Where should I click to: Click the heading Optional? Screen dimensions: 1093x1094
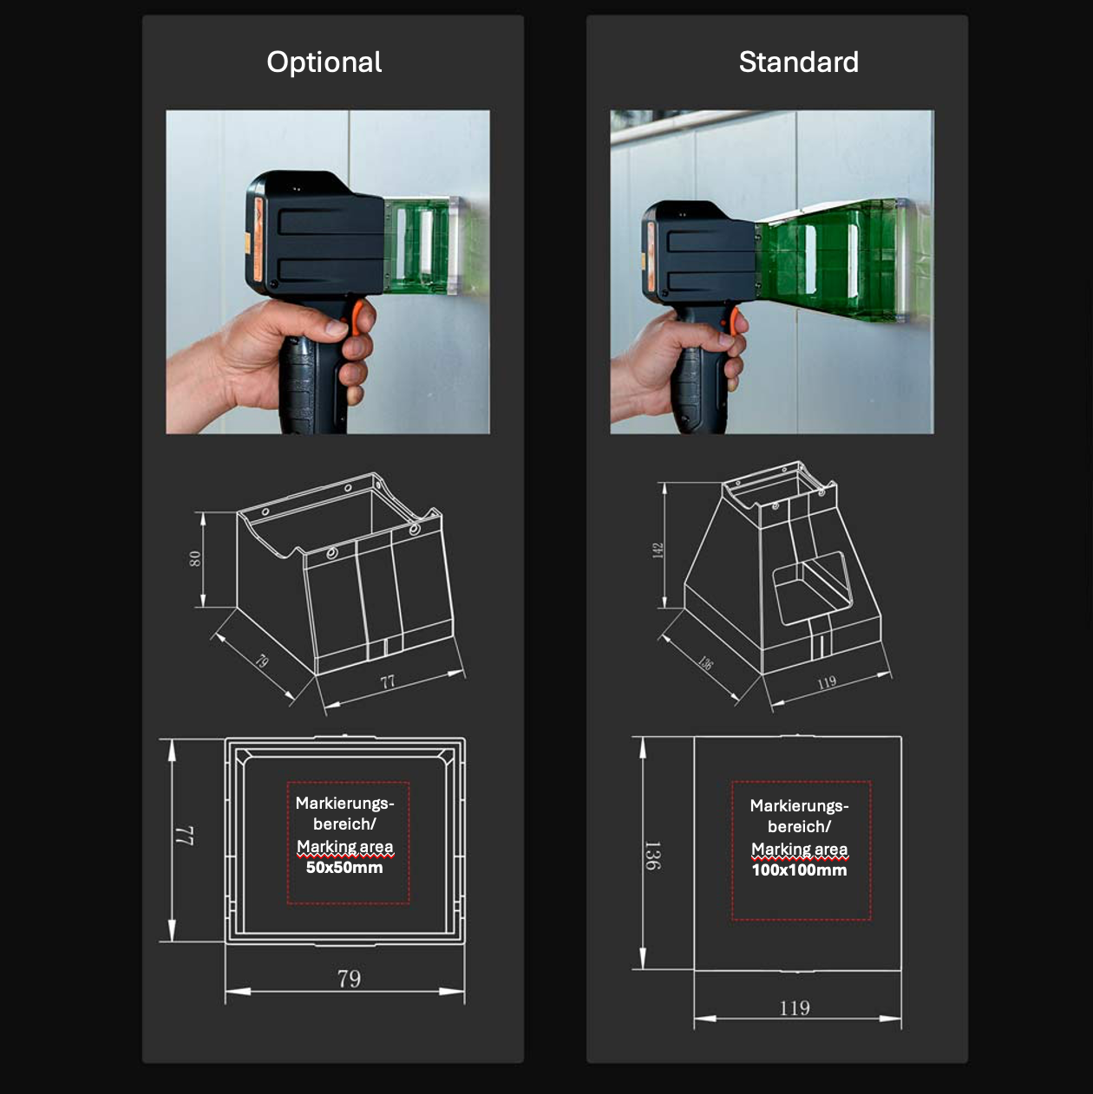(324, 62)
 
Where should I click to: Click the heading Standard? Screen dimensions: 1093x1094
(799, 62)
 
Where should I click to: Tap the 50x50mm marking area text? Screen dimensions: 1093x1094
(344, 868)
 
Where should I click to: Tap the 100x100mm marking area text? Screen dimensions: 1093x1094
(799, 870)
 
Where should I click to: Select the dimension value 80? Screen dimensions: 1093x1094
(195, 558)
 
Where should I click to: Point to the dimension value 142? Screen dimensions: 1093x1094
(658, 550)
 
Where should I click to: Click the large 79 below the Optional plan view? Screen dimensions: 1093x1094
(349, 978)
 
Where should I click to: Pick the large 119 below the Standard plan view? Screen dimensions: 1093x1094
(794, 1007)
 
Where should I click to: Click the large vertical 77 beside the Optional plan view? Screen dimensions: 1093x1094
(186, 836)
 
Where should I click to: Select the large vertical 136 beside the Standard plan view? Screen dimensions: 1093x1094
(652, 856)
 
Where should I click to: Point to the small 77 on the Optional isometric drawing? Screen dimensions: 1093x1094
(388, 681)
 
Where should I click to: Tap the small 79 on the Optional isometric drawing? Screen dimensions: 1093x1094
(261, 661)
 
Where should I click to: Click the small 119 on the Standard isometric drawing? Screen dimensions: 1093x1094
(827, 682)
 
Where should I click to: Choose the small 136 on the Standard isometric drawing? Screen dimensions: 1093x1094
(705, 662)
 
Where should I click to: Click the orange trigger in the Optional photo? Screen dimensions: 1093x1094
(357, 316)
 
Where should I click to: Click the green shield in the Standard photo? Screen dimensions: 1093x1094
(830, 258)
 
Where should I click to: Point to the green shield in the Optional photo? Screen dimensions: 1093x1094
(423, 244)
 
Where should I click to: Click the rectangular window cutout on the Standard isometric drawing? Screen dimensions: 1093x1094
(813, 588)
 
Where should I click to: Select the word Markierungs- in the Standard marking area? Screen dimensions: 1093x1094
(799, 806)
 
